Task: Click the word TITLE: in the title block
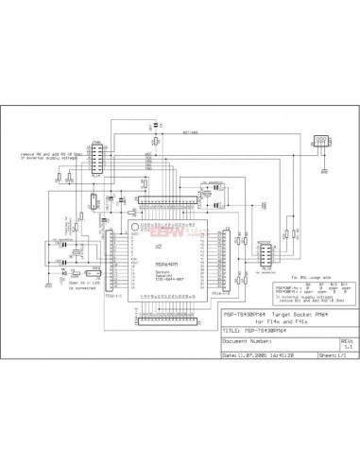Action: pos(232,330)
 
